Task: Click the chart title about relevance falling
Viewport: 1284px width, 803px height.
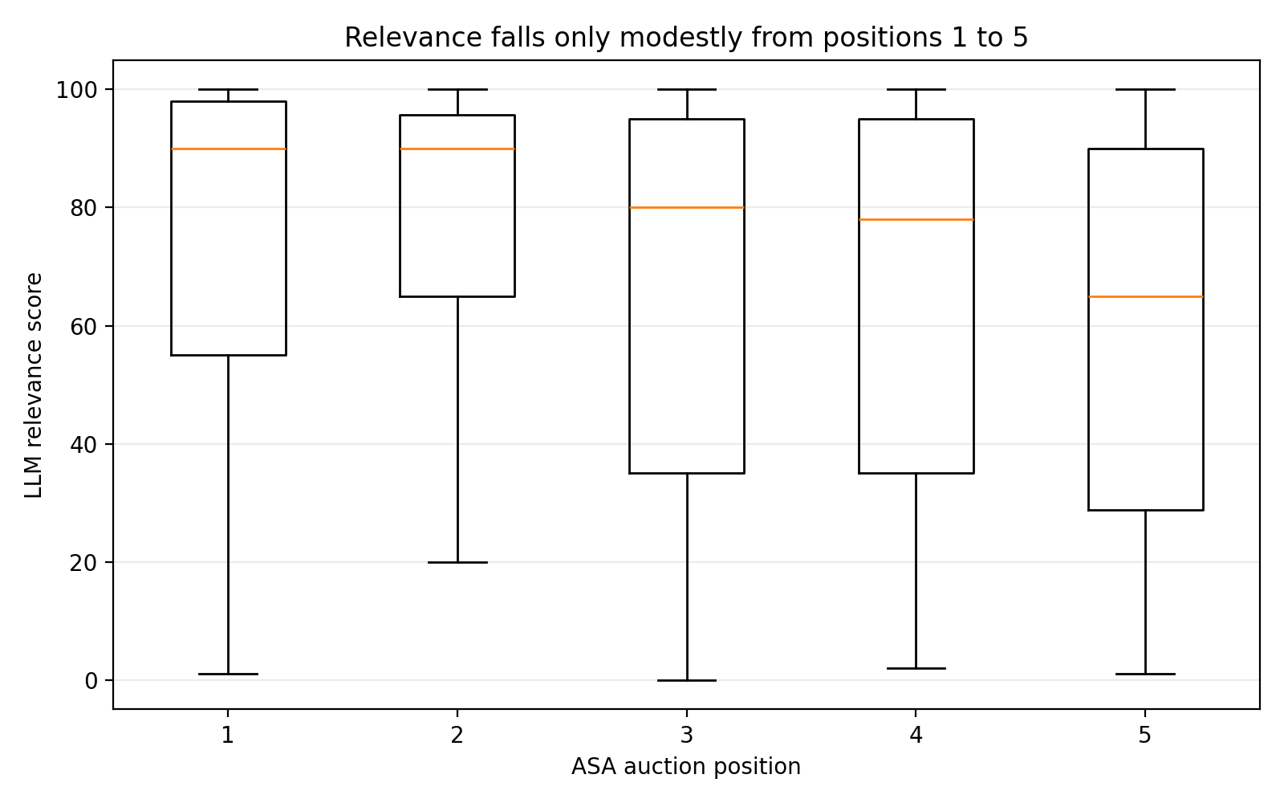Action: point(686,38)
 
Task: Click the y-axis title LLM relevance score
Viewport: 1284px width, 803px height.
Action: point(34,385)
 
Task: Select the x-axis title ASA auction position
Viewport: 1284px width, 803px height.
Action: point(686,767)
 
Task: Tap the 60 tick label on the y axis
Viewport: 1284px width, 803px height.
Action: point(83,326)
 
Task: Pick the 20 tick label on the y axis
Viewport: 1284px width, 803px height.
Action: point(83,562)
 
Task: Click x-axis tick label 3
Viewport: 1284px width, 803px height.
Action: point(686,735)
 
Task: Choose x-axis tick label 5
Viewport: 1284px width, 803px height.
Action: point(1145,735)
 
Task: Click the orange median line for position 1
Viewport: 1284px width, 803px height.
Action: point(229,149)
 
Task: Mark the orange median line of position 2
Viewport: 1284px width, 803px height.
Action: point(457,149)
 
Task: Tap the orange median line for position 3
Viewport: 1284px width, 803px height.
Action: point(687,208)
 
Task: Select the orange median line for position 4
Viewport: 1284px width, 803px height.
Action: point(916,219)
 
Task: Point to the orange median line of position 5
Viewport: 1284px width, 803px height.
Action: point(1145,296)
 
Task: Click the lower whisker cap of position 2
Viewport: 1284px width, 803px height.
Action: point(457,562)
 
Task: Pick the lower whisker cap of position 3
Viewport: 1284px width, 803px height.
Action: point(687,680)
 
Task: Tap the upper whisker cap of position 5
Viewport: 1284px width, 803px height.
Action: point(1145,90)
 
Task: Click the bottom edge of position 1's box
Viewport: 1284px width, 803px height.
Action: point(229,355)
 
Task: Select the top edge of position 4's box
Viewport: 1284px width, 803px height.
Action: point(916,120)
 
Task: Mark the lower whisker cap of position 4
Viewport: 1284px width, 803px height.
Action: point(916,668)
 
